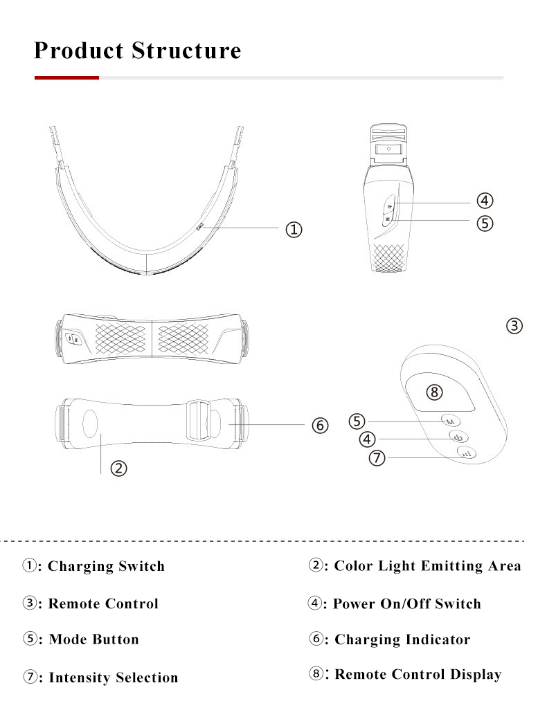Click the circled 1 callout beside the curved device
[x=294, y=230]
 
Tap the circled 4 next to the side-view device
[x=484, y=201]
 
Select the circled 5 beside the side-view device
[x=484, y=223]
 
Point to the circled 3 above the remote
[x=514, y=325]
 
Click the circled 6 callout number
[x=319, y=426]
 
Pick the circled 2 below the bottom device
[x=119, y=468]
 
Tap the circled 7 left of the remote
[x=377, y=458]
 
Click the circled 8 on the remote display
[x=434, y=392]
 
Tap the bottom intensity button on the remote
[x=466, y=454]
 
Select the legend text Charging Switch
[x=106, y=566]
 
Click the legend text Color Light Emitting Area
[x=427, y=566]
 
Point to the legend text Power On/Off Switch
[x=406, y=603]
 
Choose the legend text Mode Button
[x=93, y=639]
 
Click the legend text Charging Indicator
[x=402, y=639]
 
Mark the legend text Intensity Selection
[x=113, y=677]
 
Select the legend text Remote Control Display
[x=418, y=675]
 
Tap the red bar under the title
[x=66, y=78]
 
